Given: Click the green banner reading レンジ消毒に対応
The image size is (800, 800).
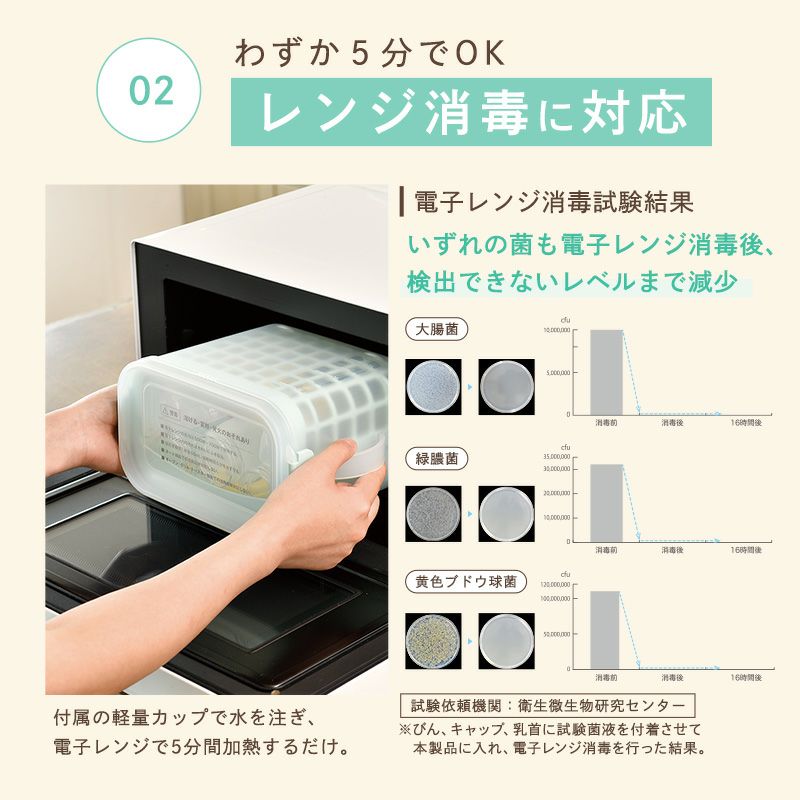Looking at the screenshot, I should pos(471,112).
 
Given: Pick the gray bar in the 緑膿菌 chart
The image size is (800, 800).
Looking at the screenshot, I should pos(606,503).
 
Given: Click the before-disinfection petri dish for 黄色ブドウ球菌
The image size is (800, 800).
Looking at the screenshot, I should pos(434,640).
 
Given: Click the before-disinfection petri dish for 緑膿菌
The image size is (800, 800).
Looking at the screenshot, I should pos(434,513).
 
